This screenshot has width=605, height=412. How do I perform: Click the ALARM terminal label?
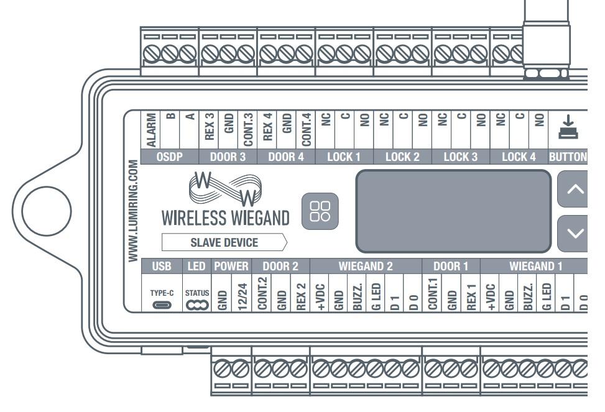coord(152,130)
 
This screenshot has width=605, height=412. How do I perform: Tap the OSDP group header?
coord(170,157)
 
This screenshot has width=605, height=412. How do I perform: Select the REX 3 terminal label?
coord(210,130)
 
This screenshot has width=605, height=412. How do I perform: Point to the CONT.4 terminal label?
coord(307,130)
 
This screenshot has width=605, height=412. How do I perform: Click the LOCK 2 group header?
coord(402,157)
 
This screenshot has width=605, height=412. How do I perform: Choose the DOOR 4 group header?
coord(285,157)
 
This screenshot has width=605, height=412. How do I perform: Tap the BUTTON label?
coord(568,157)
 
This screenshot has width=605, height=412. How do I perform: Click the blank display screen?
coord(453,211)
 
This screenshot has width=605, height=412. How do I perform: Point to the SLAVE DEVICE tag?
coord(224,242)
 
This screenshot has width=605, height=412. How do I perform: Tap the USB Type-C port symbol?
coord(160,304)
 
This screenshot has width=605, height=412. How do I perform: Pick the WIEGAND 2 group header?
coord(366,267)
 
